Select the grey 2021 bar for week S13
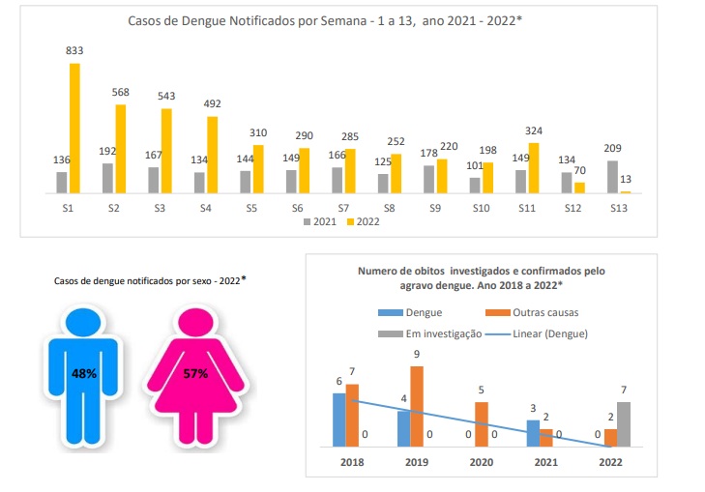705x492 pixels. [611, 177]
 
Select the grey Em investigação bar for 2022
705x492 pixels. [623, 424]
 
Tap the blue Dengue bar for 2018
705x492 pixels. [339, 420]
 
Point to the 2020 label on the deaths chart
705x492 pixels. [481, 461]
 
